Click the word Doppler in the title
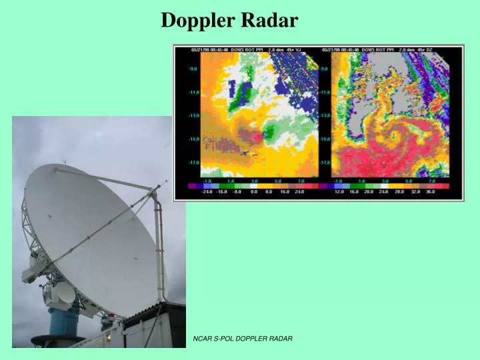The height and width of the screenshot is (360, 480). [x=194, y=21]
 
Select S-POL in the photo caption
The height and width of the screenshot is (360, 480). [x=225, y=340]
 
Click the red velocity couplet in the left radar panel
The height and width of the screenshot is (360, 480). [x=255, y=136]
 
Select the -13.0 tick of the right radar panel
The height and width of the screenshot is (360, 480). [x=326, y=115]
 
